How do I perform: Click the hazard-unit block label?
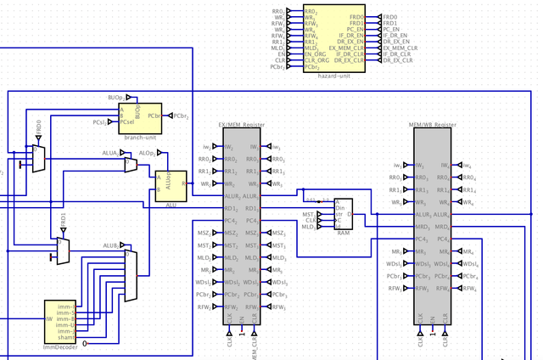click(x=334, y=76)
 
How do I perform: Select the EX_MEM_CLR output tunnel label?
click(x=398, y=48)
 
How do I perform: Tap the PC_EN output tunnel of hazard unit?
click(x=390, y=29)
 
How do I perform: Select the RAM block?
click(x=344, y=214)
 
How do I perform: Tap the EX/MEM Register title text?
click(x=242, y=125)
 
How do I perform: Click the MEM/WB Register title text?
click(x=434, y=125)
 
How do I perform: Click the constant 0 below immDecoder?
click(x=85, y=343)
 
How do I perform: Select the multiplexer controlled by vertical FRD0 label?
click(x=38, y=158)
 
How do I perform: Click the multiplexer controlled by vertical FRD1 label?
click(x=63, y=250)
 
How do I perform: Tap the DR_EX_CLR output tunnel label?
click(x=395, y=61)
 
